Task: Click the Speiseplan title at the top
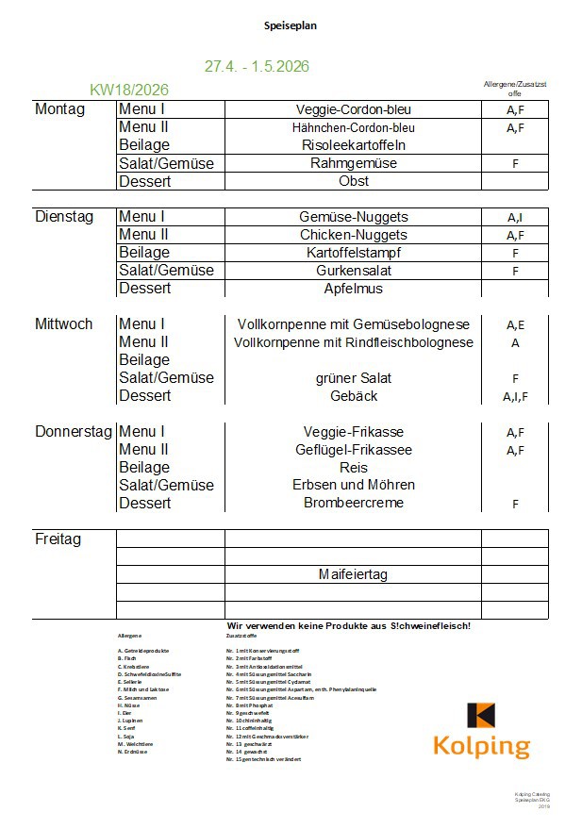[291, 25]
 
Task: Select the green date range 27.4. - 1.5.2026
[257, 67]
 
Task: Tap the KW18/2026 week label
[129, 90]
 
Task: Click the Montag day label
[59, 109]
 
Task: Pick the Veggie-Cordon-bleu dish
[353, 109]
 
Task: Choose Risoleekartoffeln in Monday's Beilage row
[353, 145]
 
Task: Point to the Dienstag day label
[64, 217]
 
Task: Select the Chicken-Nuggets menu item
[353, 235]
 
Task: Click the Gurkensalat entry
[353, 271]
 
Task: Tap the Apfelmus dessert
[353, 289]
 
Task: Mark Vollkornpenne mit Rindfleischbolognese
[353, 342]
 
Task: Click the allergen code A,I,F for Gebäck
[515, 397]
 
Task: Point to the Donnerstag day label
[75, 432]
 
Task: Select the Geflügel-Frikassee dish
[353, 450]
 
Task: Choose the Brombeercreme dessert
[353, 504]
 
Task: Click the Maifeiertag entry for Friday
[353, 574]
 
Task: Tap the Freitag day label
[58, 539]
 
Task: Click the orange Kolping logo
[481, 730]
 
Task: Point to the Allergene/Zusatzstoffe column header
[515, 89]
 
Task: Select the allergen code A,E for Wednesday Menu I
[515, 325]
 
